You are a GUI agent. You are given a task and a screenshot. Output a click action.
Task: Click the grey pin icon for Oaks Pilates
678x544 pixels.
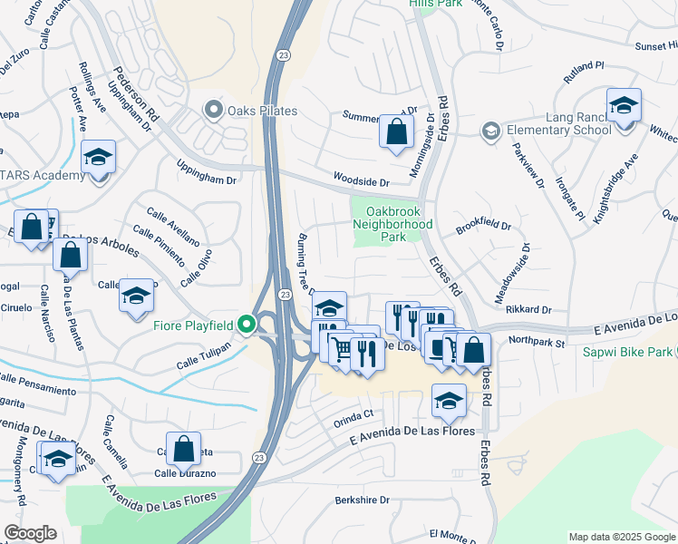coord(214,111)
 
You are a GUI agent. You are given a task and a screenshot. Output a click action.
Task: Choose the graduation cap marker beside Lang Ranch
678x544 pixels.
coord(624,106)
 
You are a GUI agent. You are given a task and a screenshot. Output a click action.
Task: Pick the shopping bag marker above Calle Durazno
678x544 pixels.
coord(183,448)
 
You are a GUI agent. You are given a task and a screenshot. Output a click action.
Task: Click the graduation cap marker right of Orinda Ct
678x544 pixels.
coord(449,400)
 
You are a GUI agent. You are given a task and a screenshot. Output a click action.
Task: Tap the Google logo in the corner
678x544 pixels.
coord(30,533)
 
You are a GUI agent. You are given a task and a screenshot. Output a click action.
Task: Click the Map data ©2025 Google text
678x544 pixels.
coord(621,537)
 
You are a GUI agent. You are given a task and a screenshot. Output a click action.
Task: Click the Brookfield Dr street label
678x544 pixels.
coord(483,227)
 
